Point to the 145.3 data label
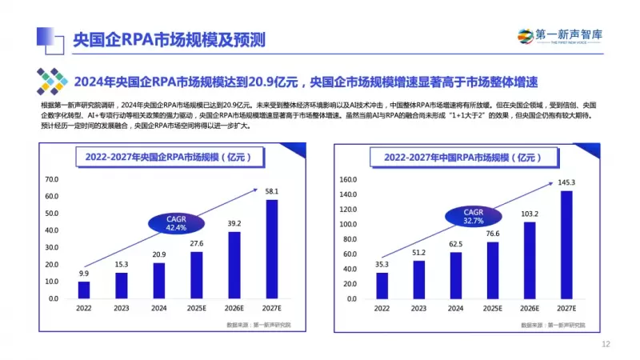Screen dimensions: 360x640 [x=566, y=184]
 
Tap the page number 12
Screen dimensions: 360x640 [x=606, y=345]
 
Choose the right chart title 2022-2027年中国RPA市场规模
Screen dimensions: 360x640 [x=465, y=158]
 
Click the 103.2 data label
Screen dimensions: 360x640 [x=530, y=214]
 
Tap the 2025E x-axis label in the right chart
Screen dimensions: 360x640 [x=493, y=306]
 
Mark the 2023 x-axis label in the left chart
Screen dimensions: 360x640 [x=121, y=306]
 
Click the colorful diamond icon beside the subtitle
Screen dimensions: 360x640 [x=52, y=82]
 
